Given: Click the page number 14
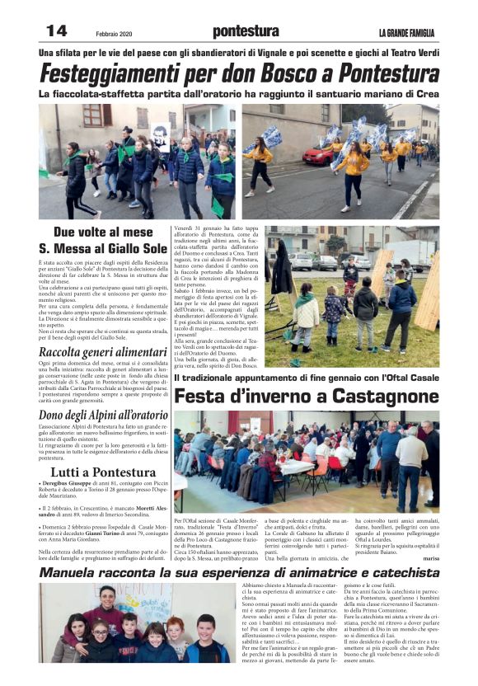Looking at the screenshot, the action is tap(57, 31).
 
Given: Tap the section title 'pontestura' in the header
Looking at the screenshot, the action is tap(246, 32).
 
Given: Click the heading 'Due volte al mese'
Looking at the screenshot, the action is tap(103, 232).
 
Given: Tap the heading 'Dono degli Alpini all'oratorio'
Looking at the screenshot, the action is tap(103, 416).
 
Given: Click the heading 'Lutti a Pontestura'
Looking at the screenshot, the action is tap(103, 472).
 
